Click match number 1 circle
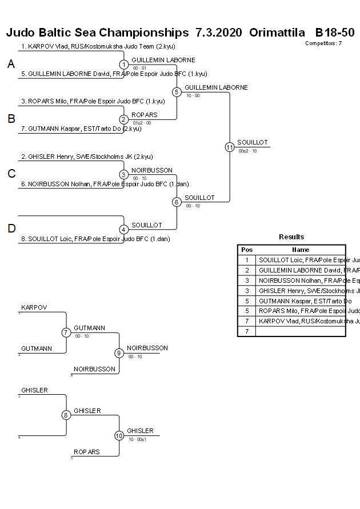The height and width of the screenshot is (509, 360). click(124, 65)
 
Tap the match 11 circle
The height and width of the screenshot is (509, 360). click(230, 147)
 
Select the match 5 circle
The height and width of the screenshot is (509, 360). click(177, 91)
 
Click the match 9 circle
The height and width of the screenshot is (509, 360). click(119, 353)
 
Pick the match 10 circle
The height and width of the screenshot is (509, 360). click(119, 436)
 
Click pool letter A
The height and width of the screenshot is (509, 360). click(11, 65)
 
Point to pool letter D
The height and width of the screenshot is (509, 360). click(11, 229)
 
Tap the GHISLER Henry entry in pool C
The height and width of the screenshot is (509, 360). click(87, 157)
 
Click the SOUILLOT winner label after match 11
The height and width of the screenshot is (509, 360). click(253, 142)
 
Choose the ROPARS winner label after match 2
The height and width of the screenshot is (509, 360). click(145, 115)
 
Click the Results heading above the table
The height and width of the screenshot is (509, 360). click(291, 237)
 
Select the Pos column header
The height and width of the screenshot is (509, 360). click(247, 250)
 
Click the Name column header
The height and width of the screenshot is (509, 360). click(301, 250)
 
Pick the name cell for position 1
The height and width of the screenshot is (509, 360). click(301, 260)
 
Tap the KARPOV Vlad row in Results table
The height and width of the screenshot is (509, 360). click(301, 322)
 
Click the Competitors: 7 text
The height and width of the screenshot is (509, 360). click(323, 43)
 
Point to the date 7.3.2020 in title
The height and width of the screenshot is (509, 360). click(218, 32)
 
